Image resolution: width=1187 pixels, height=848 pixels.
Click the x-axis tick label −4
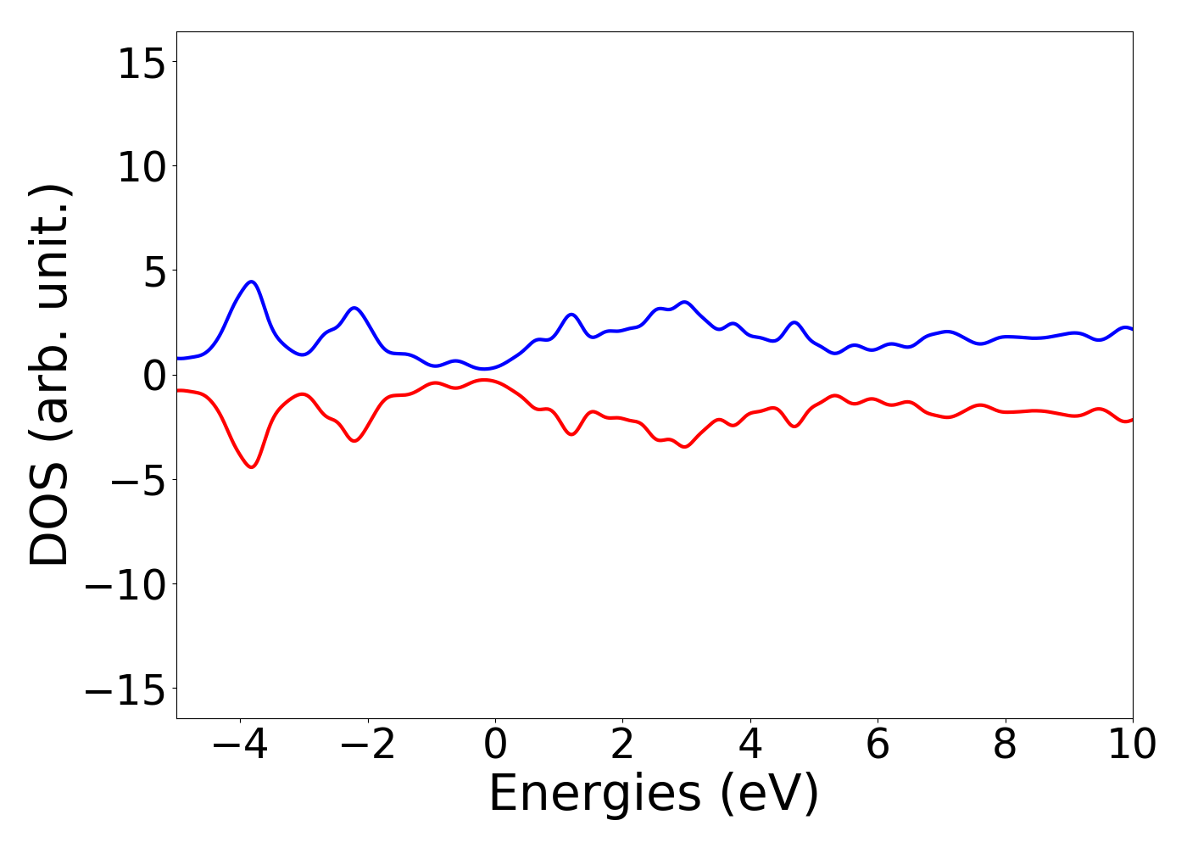click(x=240, y=745)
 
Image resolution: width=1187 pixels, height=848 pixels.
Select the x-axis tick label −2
click(x=367, y=745)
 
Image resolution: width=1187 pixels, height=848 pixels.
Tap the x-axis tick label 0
click(x=495, y=745)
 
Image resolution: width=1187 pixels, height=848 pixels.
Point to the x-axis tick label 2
click(x=622, y=745)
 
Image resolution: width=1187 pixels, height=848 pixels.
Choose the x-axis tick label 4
click(x=750, y=745)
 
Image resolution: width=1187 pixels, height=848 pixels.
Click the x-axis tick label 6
click(x=878, y=745)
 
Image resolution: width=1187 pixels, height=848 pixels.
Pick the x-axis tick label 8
click(x=1005, y=745)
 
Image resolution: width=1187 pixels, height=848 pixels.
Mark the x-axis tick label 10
click(x=1132, y=745)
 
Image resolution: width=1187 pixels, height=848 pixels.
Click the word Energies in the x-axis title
click(x=594, y=795)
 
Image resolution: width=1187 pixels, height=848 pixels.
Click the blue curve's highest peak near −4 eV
click(x=252, y=282)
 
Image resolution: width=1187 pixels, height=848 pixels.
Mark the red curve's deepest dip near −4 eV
click(x=252, y=467)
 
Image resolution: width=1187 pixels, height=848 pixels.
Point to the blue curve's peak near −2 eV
click(x=354, y=308)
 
